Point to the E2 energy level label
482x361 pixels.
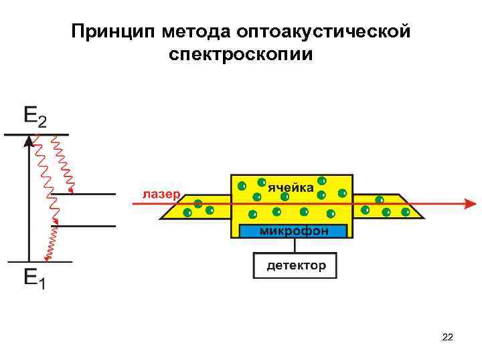(35, 116)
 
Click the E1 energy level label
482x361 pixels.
(35, 277)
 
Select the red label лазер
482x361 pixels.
(161, 195)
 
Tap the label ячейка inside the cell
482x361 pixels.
(291, 188)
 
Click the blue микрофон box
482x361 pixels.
(294, 231)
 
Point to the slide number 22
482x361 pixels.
(448, 338)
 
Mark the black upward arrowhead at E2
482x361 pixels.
(28, 140)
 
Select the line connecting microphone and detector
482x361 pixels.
(295, 246)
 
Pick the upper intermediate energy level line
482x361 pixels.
(84, 194)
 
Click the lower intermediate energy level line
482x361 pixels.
(84, 226)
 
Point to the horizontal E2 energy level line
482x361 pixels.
(37, 134)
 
